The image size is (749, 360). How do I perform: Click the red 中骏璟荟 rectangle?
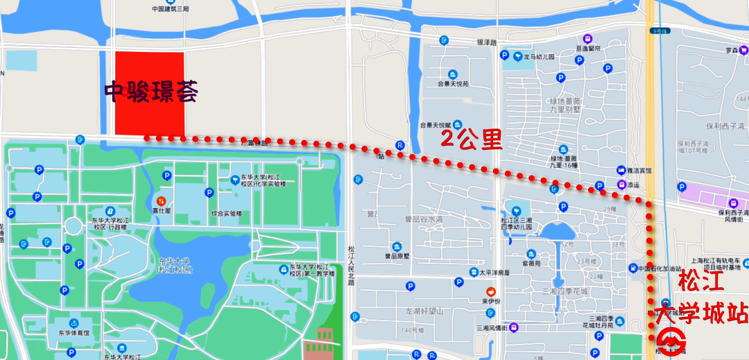(x=149, y=94)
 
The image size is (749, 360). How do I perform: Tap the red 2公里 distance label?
(x=472, y=139)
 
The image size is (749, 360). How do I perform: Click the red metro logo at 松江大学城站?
(x=671, y=341)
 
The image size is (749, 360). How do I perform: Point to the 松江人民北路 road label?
(x=351, y=263)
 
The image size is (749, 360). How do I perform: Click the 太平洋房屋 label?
(x=493, y=273)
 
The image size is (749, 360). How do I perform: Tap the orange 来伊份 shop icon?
(x=491, y=291)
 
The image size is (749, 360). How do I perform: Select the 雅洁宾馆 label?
(x=636, y=170)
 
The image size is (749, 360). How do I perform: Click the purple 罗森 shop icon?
(x=744, y=51)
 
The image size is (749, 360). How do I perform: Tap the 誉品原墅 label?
(x=397, y=255)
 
